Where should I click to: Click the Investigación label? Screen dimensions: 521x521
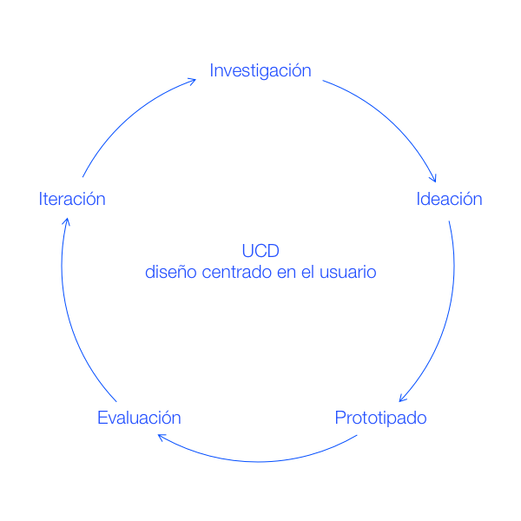point(260,71)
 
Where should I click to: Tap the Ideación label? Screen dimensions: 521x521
point(449,199)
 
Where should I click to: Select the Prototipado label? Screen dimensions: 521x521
point(381,418)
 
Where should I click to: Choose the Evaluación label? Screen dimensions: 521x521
point(139,418)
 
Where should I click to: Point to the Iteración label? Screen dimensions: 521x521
point(72,199)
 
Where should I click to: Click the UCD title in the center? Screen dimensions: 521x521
point(260,252)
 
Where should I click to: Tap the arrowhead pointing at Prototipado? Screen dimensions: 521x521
point(402,399)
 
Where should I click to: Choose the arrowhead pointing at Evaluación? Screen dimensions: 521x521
point(162,438)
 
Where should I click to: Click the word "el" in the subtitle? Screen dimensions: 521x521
point(310,273)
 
